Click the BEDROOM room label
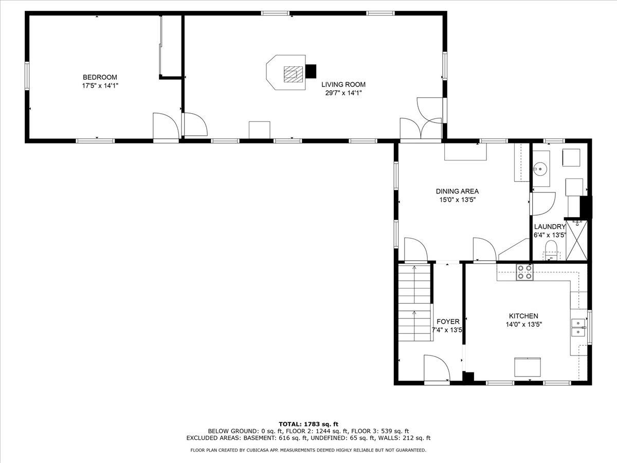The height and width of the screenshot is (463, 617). pos(100,77)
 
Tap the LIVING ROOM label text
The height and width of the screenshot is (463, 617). pos(343,84)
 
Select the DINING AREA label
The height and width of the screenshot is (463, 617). pos(457,191)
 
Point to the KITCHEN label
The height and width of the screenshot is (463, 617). pos(523,316)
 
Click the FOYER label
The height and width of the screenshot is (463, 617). pos(448,322)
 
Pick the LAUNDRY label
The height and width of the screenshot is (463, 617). pos(550,226)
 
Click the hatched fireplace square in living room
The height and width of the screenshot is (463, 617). pos(293,74)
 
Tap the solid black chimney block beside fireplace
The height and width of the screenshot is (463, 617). pos(311,72)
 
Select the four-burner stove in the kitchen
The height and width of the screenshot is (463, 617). pos(524,272)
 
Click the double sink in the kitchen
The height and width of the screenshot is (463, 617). pos(578,328)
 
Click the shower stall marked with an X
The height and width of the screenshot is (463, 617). pos(576,240)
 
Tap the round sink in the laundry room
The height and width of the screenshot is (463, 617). pos(540,169)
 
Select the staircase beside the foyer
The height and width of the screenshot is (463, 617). pos(414,303)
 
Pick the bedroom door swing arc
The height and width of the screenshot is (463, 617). pos(166,126)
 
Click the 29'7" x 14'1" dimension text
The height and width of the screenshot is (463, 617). pos(343,93)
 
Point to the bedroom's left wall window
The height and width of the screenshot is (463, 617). pos(27,76)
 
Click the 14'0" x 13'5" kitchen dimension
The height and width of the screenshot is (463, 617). pos(524,325)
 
